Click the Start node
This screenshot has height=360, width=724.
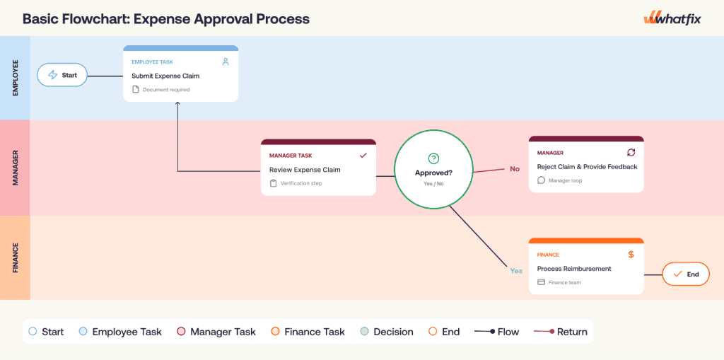click(x=62, y=75)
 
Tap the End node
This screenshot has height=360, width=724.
click(x=686, y=274)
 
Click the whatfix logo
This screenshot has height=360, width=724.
click(x=672, y=19)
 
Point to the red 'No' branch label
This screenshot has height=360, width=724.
click(x=515, y=169)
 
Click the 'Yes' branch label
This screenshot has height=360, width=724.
click(x=516, y=271)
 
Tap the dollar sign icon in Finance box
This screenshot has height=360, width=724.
click(x=631, y=255)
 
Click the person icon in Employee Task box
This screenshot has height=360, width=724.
click(x=226, y=62)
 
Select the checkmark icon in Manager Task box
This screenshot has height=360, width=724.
click(x=363, y=156)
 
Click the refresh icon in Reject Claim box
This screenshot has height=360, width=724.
click(x=631, y=152)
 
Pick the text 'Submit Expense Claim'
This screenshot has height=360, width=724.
click(x=165, y=76)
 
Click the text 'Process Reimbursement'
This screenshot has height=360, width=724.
click(x=574, y=269)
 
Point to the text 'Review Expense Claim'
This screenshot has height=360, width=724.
click(x=305, y=170)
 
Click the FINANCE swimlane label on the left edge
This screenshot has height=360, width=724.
click(x=16, y=258)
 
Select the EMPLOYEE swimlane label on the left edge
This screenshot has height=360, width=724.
click(x=16, y=78)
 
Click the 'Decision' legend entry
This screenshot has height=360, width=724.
click(x=387, y=332)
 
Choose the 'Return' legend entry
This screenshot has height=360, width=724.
click(x=561, y=332)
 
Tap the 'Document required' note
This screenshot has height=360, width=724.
click(x=161, y=90)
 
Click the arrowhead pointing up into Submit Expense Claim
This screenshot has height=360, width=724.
click(x=177, y=104)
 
